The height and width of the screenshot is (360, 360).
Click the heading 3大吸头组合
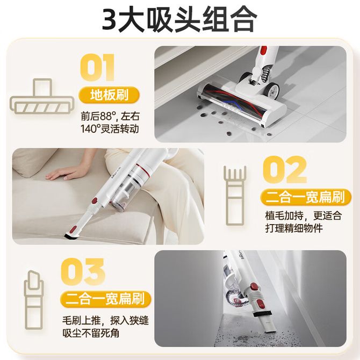point(179,19)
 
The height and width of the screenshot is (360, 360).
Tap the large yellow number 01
point(97,68)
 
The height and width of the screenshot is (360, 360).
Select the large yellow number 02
point(285,169)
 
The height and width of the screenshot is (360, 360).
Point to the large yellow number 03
point(83,272)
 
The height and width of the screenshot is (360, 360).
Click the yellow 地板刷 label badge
point(109,95)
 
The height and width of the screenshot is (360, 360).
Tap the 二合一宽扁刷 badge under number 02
point(306,197)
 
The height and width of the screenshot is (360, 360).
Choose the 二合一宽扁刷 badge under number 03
point(105,299)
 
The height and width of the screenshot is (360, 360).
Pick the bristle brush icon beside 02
point(235,196)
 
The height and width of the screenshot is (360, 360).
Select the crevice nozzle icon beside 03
point(34,300)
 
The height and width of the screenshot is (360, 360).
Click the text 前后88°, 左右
point(110,117)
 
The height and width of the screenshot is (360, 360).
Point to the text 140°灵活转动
point(110,129)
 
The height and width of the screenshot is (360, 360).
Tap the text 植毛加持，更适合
point(304,216)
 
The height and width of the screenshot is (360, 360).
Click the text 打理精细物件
point(294,228)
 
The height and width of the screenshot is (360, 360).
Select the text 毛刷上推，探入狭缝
point(105,321)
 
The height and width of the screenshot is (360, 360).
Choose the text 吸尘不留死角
point(91,333)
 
